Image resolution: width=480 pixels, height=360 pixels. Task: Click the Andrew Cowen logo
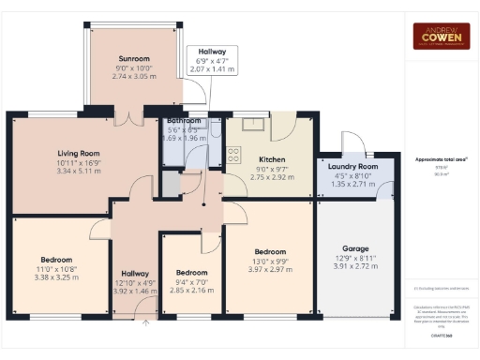point(442,36)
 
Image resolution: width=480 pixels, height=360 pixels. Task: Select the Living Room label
point(79,153)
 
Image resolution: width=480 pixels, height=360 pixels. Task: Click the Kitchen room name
point(272,159)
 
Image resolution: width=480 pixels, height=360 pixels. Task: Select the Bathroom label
point(185,121)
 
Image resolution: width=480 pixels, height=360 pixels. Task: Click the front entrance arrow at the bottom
point(146,324)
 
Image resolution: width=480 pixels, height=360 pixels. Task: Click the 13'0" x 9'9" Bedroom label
point(270,251)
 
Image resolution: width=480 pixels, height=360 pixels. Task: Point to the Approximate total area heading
point(441,159)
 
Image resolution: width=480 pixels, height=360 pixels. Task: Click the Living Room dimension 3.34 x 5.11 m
point(79,172)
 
